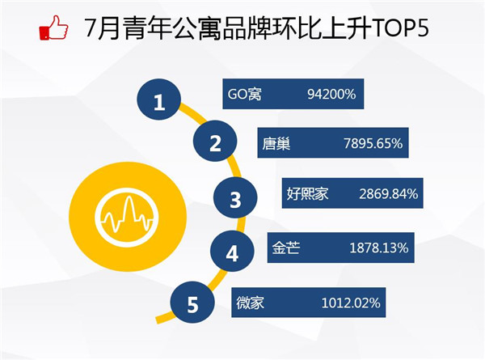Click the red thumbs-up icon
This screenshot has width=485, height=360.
pyautogui.click(x=53, y=28)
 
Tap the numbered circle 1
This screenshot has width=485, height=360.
pyautogui.click(x=158, y=100)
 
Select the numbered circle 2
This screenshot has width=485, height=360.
pyautogui.click(x=215, y=141)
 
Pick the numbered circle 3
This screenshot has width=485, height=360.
pyautogui.click(x=235, y=197)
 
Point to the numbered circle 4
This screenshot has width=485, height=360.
pyautogui.click(x=232, y=252)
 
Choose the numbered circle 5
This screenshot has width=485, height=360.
pyautogui.click(x=192, y=303)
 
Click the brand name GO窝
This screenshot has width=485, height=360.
pyautogui.click(x=244, y=94)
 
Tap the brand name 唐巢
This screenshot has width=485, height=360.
pyautogui.click(x=276, y=144)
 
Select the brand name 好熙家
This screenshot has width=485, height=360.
pyautogui.click(x=307, y=194)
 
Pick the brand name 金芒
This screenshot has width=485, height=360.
pyautogui.click(x=286, y=248)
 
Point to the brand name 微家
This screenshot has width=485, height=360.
pyautogui.click(x=251, y=303)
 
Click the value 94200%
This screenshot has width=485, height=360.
pyautogui.click(x=331, y=94)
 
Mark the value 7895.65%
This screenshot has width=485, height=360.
pyautogui.click(x=373, y=144)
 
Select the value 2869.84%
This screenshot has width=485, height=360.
pyautogui.click(x=389, y=194)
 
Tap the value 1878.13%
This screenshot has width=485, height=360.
pyautogui.click(x=379, y=248)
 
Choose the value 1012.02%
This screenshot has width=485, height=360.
pyautogui.click(x=351, y=303)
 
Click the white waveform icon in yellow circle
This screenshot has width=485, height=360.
pyautogui.click(x=127, y=217)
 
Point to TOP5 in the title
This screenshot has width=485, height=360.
pyautogui.click(x=401, y=28)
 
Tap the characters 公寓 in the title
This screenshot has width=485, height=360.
pyautogui.click(x=197, y=28)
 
